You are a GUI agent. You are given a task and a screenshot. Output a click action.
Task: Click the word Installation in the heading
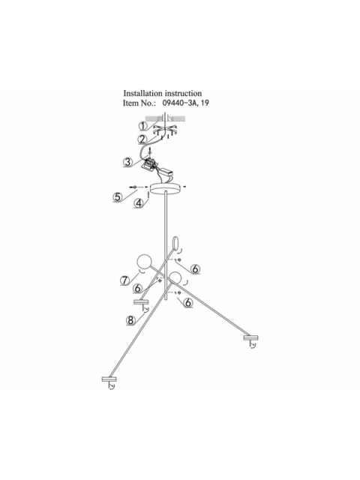click(x=143, y=93)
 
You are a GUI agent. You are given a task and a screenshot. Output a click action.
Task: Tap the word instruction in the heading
click(x=183, y=93)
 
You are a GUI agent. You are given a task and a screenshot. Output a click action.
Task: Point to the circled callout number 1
click(x=143, y=126)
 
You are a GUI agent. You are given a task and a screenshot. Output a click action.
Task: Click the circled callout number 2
click(x=142, y=139)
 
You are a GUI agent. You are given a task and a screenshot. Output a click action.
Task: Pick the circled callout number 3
click(x=128, y=162)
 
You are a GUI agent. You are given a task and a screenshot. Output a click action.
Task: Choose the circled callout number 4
click(x=139, y=203)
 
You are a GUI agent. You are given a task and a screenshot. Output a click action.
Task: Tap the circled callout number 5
click(x=118, y=196)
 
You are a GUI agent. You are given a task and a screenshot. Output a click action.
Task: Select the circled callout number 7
click(x=125, y=280)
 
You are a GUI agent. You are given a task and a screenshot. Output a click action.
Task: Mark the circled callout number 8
click(x=130, y=320)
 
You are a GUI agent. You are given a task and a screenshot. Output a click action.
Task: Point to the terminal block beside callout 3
click(x=148, y=163)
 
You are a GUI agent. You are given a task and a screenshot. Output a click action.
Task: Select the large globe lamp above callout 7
click(x=144, y=262)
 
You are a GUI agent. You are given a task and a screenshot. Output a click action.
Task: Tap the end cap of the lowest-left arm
click(x=109, y=379)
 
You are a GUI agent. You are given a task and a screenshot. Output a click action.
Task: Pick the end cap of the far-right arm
click(x=251, y=338)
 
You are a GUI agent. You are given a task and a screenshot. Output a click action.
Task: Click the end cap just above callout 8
click(x=141, y=302)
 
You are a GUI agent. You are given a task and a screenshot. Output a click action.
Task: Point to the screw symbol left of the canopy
click(x=133, y=187)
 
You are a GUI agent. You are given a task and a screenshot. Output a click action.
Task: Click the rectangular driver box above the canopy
click(x=167, y=172)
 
